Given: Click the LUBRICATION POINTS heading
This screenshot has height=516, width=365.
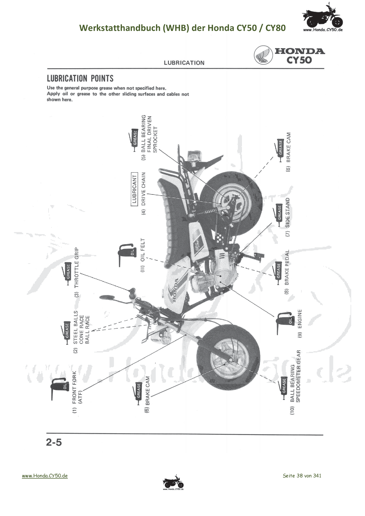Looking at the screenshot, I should click(80, 79).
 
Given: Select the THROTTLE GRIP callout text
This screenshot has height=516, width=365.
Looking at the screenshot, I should click(77, 267).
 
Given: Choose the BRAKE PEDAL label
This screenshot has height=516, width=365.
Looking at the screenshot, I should click(287, 267).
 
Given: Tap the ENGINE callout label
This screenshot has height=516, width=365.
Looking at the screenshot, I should click(300, 319).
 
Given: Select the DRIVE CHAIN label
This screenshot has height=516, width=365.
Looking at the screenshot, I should click(143, 189).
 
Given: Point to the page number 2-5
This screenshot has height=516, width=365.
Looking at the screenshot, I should click(54, 442).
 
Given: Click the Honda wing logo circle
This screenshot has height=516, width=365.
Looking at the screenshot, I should click(263, 55).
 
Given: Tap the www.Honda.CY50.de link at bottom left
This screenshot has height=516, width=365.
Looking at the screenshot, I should click(45, 476).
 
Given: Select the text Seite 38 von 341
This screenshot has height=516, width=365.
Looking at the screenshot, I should click(302, 476).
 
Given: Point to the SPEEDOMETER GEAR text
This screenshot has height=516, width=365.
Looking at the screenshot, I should click(298, 376).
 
